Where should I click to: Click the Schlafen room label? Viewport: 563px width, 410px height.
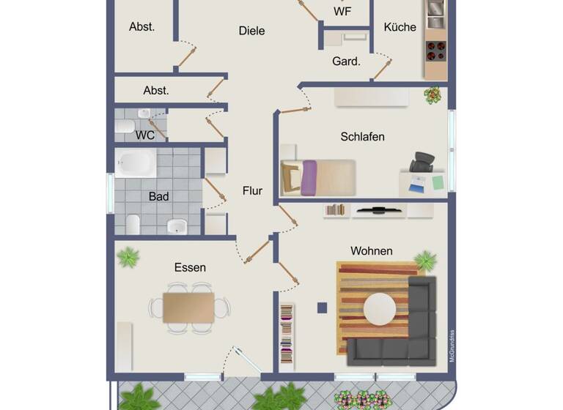click(x=362, y=137)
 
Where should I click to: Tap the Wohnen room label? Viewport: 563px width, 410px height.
click(x=371, y=251)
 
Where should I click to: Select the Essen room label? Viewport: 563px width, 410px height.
click(x=190, y=267)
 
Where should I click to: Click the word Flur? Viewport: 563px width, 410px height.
click(x=252, y=191)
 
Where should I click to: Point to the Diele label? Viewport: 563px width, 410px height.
click(x=251, y=31)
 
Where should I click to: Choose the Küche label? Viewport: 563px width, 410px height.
click(x=400, y=27)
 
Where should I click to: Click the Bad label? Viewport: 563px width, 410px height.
click(x=158, y=196)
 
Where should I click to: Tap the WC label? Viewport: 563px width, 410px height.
click(x=145, y=135)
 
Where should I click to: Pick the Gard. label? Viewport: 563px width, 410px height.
click(x=346, y=61)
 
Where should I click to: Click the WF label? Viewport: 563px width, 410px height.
click(x=342, y=12)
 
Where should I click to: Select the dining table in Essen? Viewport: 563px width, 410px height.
click(x=188, y=307)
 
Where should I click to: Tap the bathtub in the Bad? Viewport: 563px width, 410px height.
click(x=136, y=163)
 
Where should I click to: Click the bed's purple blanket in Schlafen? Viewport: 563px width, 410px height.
click(x=309, y=178)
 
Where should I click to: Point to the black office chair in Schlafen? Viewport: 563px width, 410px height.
click(x=422, y=163)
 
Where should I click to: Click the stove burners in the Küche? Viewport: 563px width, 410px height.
click(x=436, y=50)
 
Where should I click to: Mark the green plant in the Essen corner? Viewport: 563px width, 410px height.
click(x=128, y=257)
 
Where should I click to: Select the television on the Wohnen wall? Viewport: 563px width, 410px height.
click(x=379, y=210)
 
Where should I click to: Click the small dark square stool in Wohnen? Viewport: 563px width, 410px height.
click(x=322, y=307)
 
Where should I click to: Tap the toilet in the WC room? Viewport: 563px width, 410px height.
click(x=125, y=126)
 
